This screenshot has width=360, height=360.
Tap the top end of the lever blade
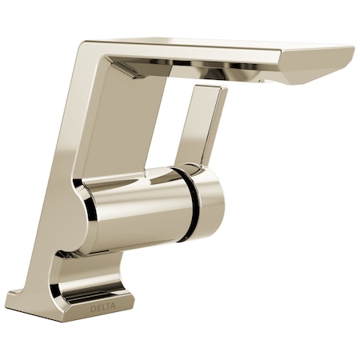click(x=211, y=90)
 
